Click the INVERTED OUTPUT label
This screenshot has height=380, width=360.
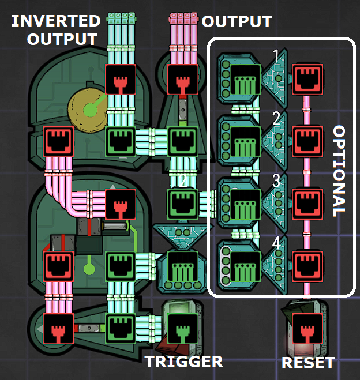pyautogui.click(x=55, y=30)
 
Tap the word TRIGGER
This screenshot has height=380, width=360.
pyautogui.click(x=183, y=362)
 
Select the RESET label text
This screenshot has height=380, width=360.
pyautogui.click(x=307, y=363)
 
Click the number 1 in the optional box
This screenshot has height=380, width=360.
pyautogui.click(x=277, y=57)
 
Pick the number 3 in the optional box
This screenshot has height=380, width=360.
pyautogui.click(x=277, y=181)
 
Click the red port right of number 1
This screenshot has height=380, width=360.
pyautogui.click(x=307, y=78)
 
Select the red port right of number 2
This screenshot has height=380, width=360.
pyautogui.click(x=307, y=140)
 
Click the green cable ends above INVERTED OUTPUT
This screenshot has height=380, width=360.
pyautogui.click(x=121, y=18)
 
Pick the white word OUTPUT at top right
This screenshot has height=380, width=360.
pyautogui.click(x=237, y=21)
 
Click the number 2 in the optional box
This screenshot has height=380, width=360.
pyautogui.click(x=277, y=119)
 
